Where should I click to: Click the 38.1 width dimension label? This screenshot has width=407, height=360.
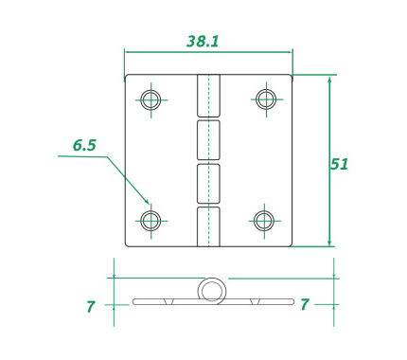203,42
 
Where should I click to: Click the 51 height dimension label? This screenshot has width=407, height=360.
339,164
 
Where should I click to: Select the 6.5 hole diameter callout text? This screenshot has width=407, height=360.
84,145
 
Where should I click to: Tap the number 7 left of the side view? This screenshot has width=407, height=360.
91,307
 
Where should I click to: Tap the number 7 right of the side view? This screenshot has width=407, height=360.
304,304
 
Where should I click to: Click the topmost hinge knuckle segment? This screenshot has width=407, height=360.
208,96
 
